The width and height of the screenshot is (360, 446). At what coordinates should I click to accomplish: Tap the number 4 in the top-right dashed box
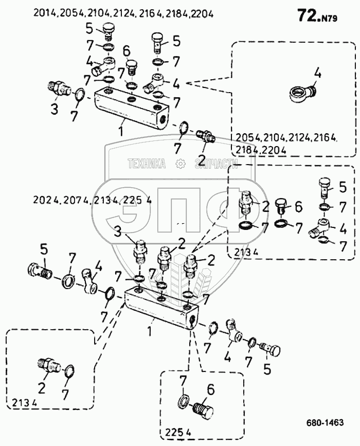(x=317, y=74)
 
